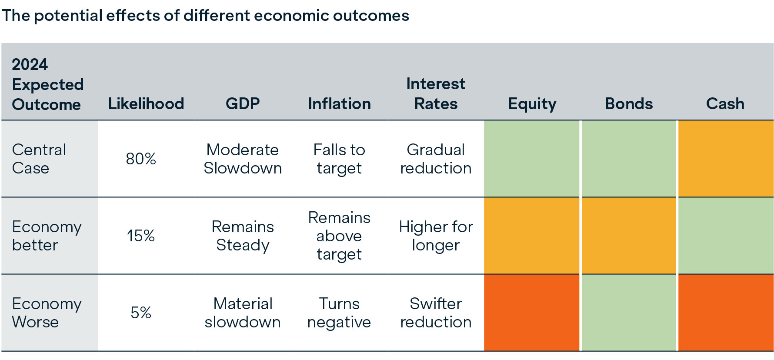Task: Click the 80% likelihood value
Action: pyautogui.click(x=141, y=159)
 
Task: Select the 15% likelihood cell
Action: pyautogui.click(x=141, y=236)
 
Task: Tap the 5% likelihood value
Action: pyautogui.click(x=141, y=313)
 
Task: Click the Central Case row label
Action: pyautogui.click(x=39, y=159)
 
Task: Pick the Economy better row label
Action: pyautogui.click(x=47, y=236)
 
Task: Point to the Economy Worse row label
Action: pyautogui.click(x=47, y=313)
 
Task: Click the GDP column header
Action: pyautogui.click(x=243, y=103)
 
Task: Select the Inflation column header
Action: pyautogui.click(x=339, y=103)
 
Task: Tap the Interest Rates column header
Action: pyautogui.click(x=436, y=93)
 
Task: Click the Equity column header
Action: pyautogui.click(x=532, y=103)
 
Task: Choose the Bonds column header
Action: pyautogui.click(x=629, y=103)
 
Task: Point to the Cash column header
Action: pyautogui.click(x=725, y=103)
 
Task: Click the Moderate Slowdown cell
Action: pyautogui.click(x=243, y=159)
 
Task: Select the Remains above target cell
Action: pyautogui.click(x=339, y=236)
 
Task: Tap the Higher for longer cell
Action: pyautogui.click(x=436, y=236)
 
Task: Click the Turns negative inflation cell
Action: pyautogui.click(x=339, y=313)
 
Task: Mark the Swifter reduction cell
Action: pyautogui.click(x=436, y=313)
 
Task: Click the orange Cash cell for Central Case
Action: pyautogui.click(x=725, y=159)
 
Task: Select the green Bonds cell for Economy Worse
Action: pyautogui.click(x=629, y=313)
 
